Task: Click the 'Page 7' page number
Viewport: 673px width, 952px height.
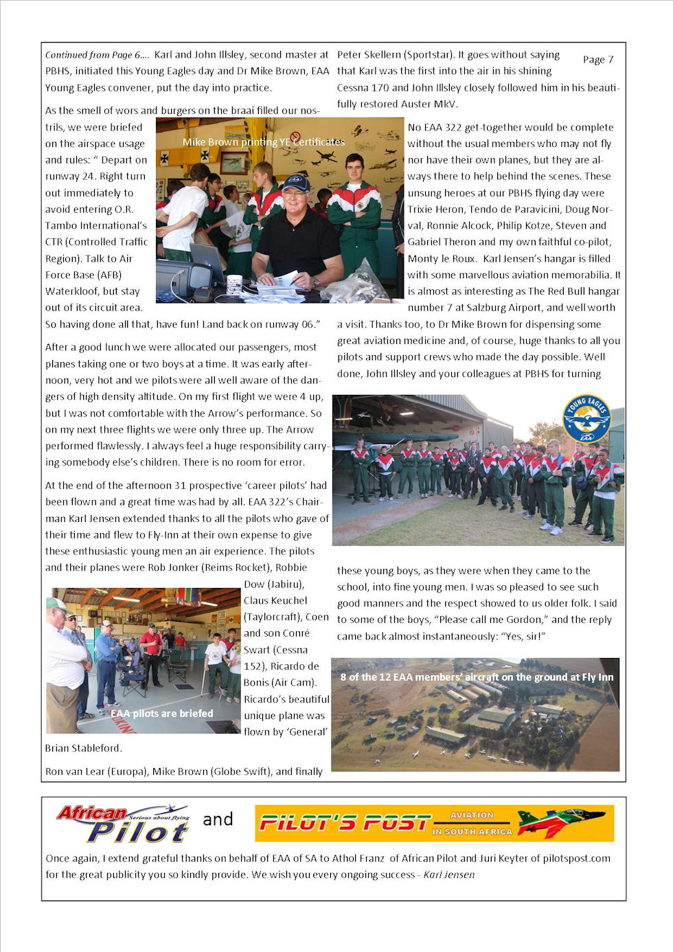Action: (597, 60)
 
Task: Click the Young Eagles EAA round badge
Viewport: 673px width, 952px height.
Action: (586, 418)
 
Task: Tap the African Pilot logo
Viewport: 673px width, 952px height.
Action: (123, 823)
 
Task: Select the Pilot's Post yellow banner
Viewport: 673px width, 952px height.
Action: (434, 823)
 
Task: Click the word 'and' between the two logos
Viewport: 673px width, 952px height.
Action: (218, 819)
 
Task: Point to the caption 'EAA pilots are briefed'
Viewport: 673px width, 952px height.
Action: (162, 714)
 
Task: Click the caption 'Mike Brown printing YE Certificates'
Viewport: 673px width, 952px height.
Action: (264, 142)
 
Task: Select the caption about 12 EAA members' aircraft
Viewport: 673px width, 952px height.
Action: (477, 677)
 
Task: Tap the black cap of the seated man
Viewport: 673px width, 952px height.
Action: (296, 183)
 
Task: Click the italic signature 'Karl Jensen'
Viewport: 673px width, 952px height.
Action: (448, 874)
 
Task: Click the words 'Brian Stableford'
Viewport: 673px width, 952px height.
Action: (83, 748)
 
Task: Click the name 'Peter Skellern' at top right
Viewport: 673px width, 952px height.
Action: (369, 55)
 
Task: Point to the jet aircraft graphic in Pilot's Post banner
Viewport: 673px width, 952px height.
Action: (561, 822)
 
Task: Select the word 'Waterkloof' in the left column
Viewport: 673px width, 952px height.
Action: (72, 291)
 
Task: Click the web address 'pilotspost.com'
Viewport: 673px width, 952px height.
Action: (576, 858)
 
